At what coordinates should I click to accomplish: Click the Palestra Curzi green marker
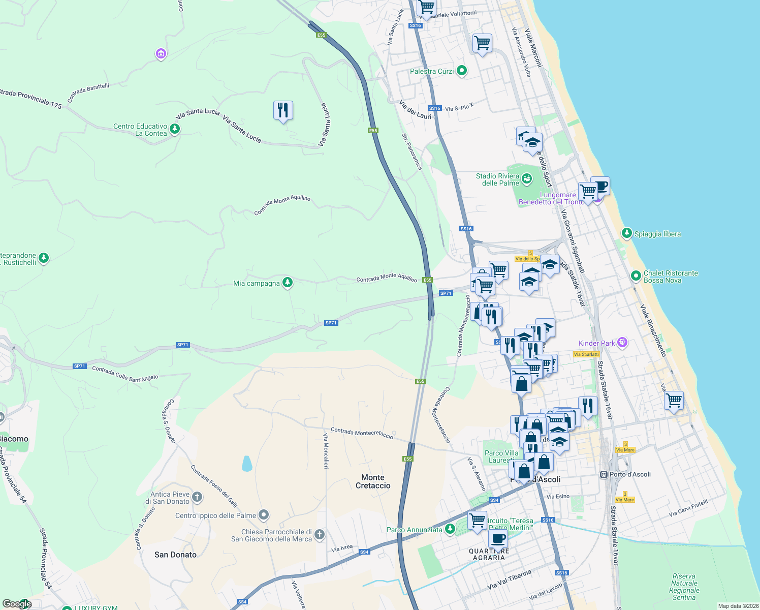pyautogui.click(x=461, y=71)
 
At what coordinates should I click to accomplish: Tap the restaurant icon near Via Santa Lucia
pyautogui.click(x=283, y=110)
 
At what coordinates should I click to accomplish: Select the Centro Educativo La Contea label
pyautogui.click(x=140, y=130)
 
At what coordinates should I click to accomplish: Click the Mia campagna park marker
pyautogui.click(x=288, y=283)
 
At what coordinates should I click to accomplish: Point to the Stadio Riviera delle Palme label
pyautogui.click(x=497, y=179)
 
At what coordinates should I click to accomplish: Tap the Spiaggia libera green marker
pyautogui.click(x=627, y=234)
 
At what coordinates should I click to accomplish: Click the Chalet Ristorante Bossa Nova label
pyautogui.click(x=671, y=277)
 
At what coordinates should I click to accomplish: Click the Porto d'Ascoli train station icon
pyautogui.click(x=604, y=475)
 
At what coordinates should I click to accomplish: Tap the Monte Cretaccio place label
pyautogui.click(x=373, y=481)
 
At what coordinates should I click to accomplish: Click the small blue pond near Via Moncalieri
pyautogui.click(x=247, y=464)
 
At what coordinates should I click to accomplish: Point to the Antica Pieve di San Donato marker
pyautogui.click(x=197, y=497)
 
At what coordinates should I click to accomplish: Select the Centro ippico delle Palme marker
pyautogui.click(x=263, y=515)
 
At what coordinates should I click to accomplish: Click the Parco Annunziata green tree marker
pyautogui.click(x=450, y=530)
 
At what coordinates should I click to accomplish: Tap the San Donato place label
pyautogui.click(x=175, y=555)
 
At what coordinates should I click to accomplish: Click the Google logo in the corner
pyautogui.click(x=17, y=604)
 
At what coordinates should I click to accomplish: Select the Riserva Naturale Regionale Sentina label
pyautogui.click(x=684, y=587)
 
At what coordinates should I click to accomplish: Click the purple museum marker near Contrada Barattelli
pyautogui.click(x=161, y=53)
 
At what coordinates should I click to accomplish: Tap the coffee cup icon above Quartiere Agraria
pyautogui.click(x=498, y=538)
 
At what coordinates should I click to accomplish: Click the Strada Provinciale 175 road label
pyautogui.click(x=30, y=98)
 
